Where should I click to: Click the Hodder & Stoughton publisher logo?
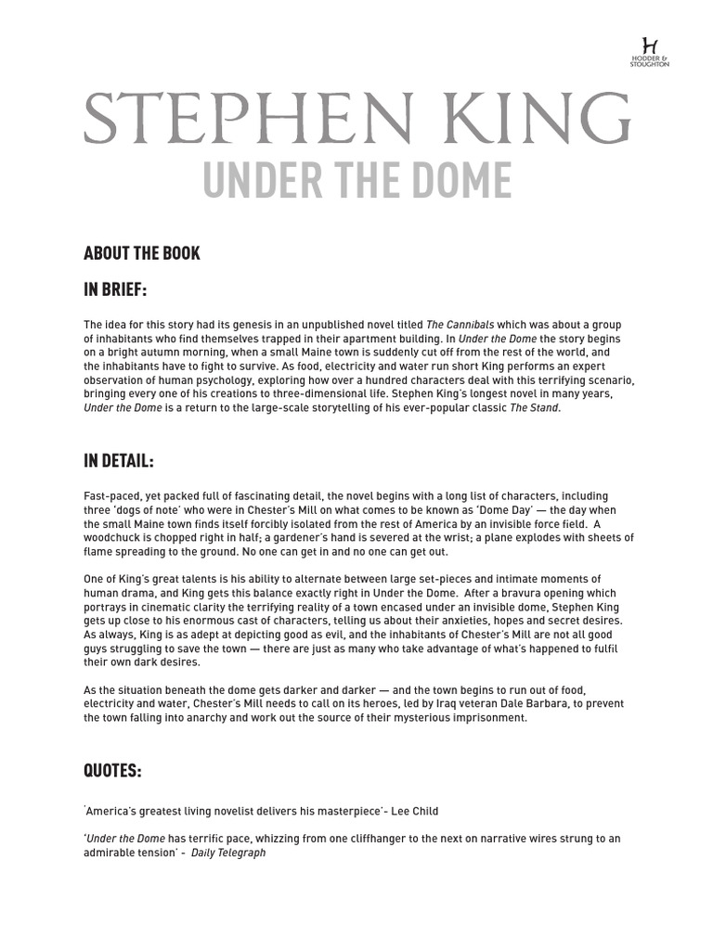tap(649, 51)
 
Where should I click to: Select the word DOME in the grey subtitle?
tap(459, 180)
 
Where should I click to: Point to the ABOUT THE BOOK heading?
tap(141, 253)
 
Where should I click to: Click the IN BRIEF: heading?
tap(115, 289)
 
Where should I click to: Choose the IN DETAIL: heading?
tap(118, 461)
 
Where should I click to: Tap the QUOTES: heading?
tap(112, 771)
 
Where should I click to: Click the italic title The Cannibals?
tap(460, 325)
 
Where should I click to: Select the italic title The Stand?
tap(535, 408)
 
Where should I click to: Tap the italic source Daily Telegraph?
tap(228, 853)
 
